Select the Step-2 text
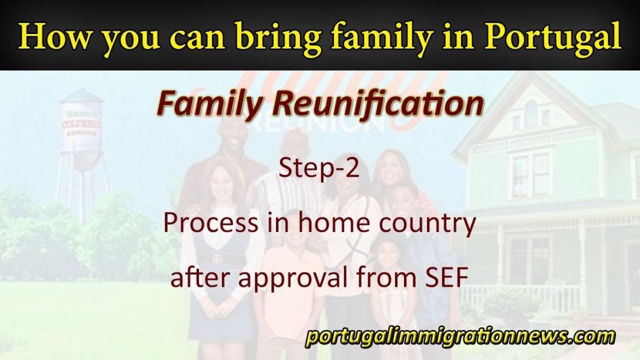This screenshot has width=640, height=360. (319, 168)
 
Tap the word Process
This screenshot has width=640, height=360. (211, 223)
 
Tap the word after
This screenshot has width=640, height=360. (200, 278)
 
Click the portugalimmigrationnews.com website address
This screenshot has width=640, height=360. (460, 337)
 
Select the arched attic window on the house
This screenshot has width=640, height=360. (531, 114)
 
